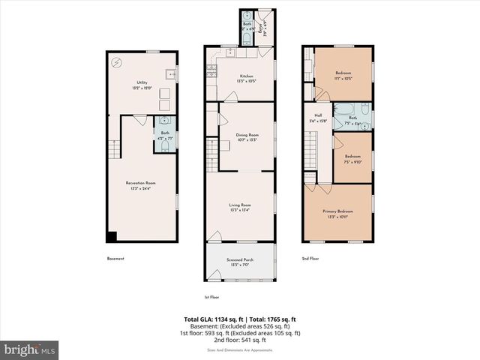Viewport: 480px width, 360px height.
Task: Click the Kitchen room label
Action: coord(246,78)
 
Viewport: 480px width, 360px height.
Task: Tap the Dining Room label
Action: coord(247,136)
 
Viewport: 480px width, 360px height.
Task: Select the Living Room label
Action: coord(240,207)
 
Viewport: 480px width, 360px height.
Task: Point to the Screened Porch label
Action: coord(240,262)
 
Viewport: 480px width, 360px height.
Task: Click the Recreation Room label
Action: coord(141,184)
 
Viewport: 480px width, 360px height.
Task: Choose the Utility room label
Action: coord(142,85)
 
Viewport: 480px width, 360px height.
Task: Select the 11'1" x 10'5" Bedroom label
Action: coord(342,76)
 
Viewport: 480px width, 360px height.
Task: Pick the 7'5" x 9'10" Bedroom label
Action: coord(352,158)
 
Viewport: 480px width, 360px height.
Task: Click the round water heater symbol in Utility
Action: coord(117,63)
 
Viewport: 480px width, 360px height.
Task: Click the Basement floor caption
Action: coord(115,259)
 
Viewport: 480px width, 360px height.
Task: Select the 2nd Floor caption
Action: coord(310,259)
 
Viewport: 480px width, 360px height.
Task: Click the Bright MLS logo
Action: coord(30,349)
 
